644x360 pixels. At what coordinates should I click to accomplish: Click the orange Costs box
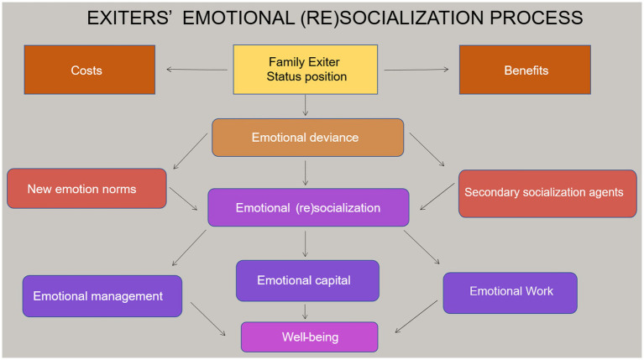pos(90,70)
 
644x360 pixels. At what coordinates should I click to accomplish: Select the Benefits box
pos(525,70)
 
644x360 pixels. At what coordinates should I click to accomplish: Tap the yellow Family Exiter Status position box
pos(305,70)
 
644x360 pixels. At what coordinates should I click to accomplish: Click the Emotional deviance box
pos(307,138)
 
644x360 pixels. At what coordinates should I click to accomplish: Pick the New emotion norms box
pos(86,189)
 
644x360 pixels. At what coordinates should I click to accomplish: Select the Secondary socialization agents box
pos(547,193)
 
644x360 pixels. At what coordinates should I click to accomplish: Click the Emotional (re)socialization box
pos(308,207)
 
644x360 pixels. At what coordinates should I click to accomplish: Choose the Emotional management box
pos(102,296)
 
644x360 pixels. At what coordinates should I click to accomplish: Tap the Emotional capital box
pos(307,281)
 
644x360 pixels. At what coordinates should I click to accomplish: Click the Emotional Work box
pos(510,293)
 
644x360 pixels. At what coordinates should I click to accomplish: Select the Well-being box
pos(309,337)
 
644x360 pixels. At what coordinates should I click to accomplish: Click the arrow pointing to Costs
pos(196,70)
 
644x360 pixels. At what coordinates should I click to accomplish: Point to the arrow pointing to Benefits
pos(416,70)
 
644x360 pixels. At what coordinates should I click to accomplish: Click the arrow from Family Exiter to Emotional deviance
pos(305,106)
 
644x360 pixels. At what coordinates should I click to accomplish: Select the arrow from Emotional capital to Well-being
pos(305,311)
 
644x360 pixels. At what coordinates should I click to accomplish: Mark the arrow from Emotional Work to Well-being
pos(416,316)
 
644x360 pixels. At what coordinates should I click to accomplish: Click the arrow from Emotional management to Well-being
pos(208,319)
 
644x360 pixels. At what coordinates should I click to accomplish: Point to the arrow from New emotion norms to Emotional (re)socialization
pos(183,199)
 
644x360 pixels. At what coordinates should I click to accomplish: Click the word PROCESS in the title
pos(537,18)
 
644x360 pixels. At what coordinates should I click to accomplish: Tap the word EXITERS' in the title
pos(129,18)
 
